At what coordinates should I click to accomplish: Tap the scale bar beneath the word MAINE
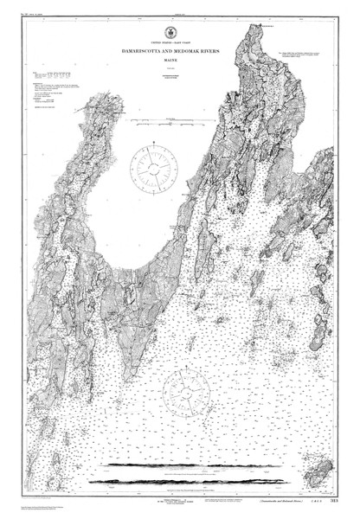click(180, 76)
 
